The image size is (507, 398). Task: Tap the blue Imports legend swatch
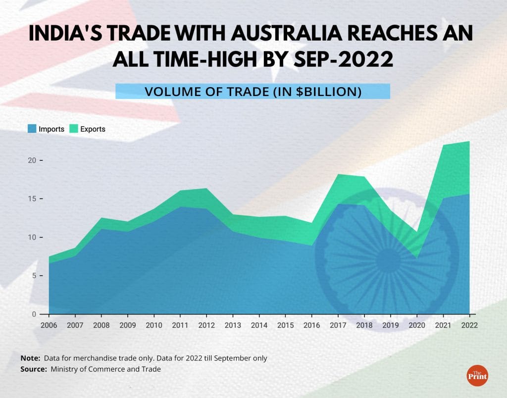[x=32, y=129]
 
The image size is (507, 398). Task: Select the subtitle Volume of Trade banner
[x=253, y=92]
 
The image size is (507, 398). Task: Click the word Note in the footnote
[x=30, y=358]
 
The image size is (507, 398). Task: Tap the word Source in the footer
[x=33, y=369]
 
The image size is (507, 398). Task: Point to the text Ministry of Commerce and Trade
[x=105, y=369]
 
